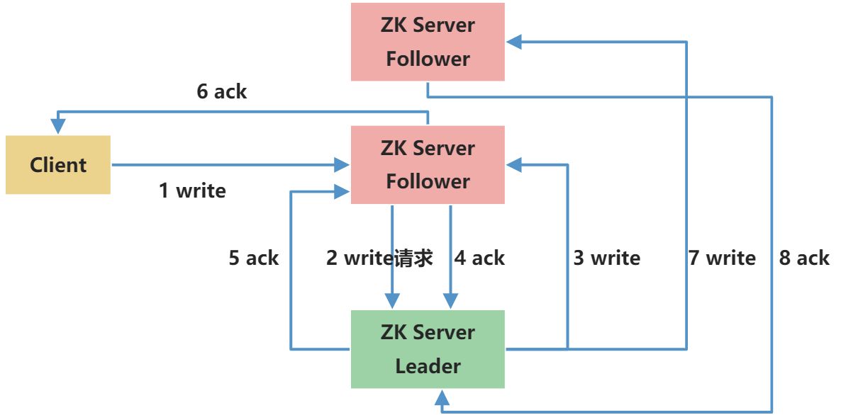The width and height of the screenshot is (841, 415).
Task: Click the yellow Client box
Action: click(x=58, y=165)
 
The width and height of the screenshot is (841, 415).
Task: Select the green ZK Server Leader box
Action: click(x=428, y=349)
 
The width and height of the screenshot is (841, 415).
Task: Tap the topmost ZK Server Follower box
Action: click(x=428, y=42)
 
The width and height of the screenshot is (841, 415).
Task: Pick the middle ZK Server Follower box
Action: click(x=428, y=165)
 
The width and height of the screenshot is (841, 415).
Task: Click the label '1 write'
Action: click(x=192, y=191)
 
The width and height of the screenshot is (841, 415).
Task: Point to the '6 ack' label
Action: click(x=221, y=91)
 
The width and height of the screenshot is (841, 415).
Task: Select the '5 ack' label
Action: click(x=253, y=258)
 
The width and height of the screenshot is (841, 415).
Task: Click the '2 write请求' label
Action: click(x=379, y=258)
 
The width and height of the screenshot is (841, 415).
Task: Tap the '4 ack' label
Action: click(x=479, y=258)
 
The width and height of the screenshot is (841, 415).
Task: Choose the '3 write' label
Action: click(x=606, y=258)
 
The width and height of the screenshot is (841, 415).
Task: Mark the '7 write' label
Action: click(x=722, y=258)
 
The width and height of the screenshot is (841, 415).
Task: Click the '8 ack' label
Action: click(x=804, y=258)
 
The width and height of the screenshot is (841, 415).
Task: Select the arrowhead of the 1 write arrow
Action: click(x=343, y=166)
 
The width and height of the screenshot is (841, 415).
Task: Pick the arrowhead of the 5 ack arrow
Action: click(x=343, y=191)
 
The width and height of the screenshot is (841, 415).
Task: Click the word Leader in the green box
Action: click(x=428, y=366)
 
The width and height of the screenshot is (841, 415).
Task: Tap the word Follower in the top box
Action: click(x=428, y=59)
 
